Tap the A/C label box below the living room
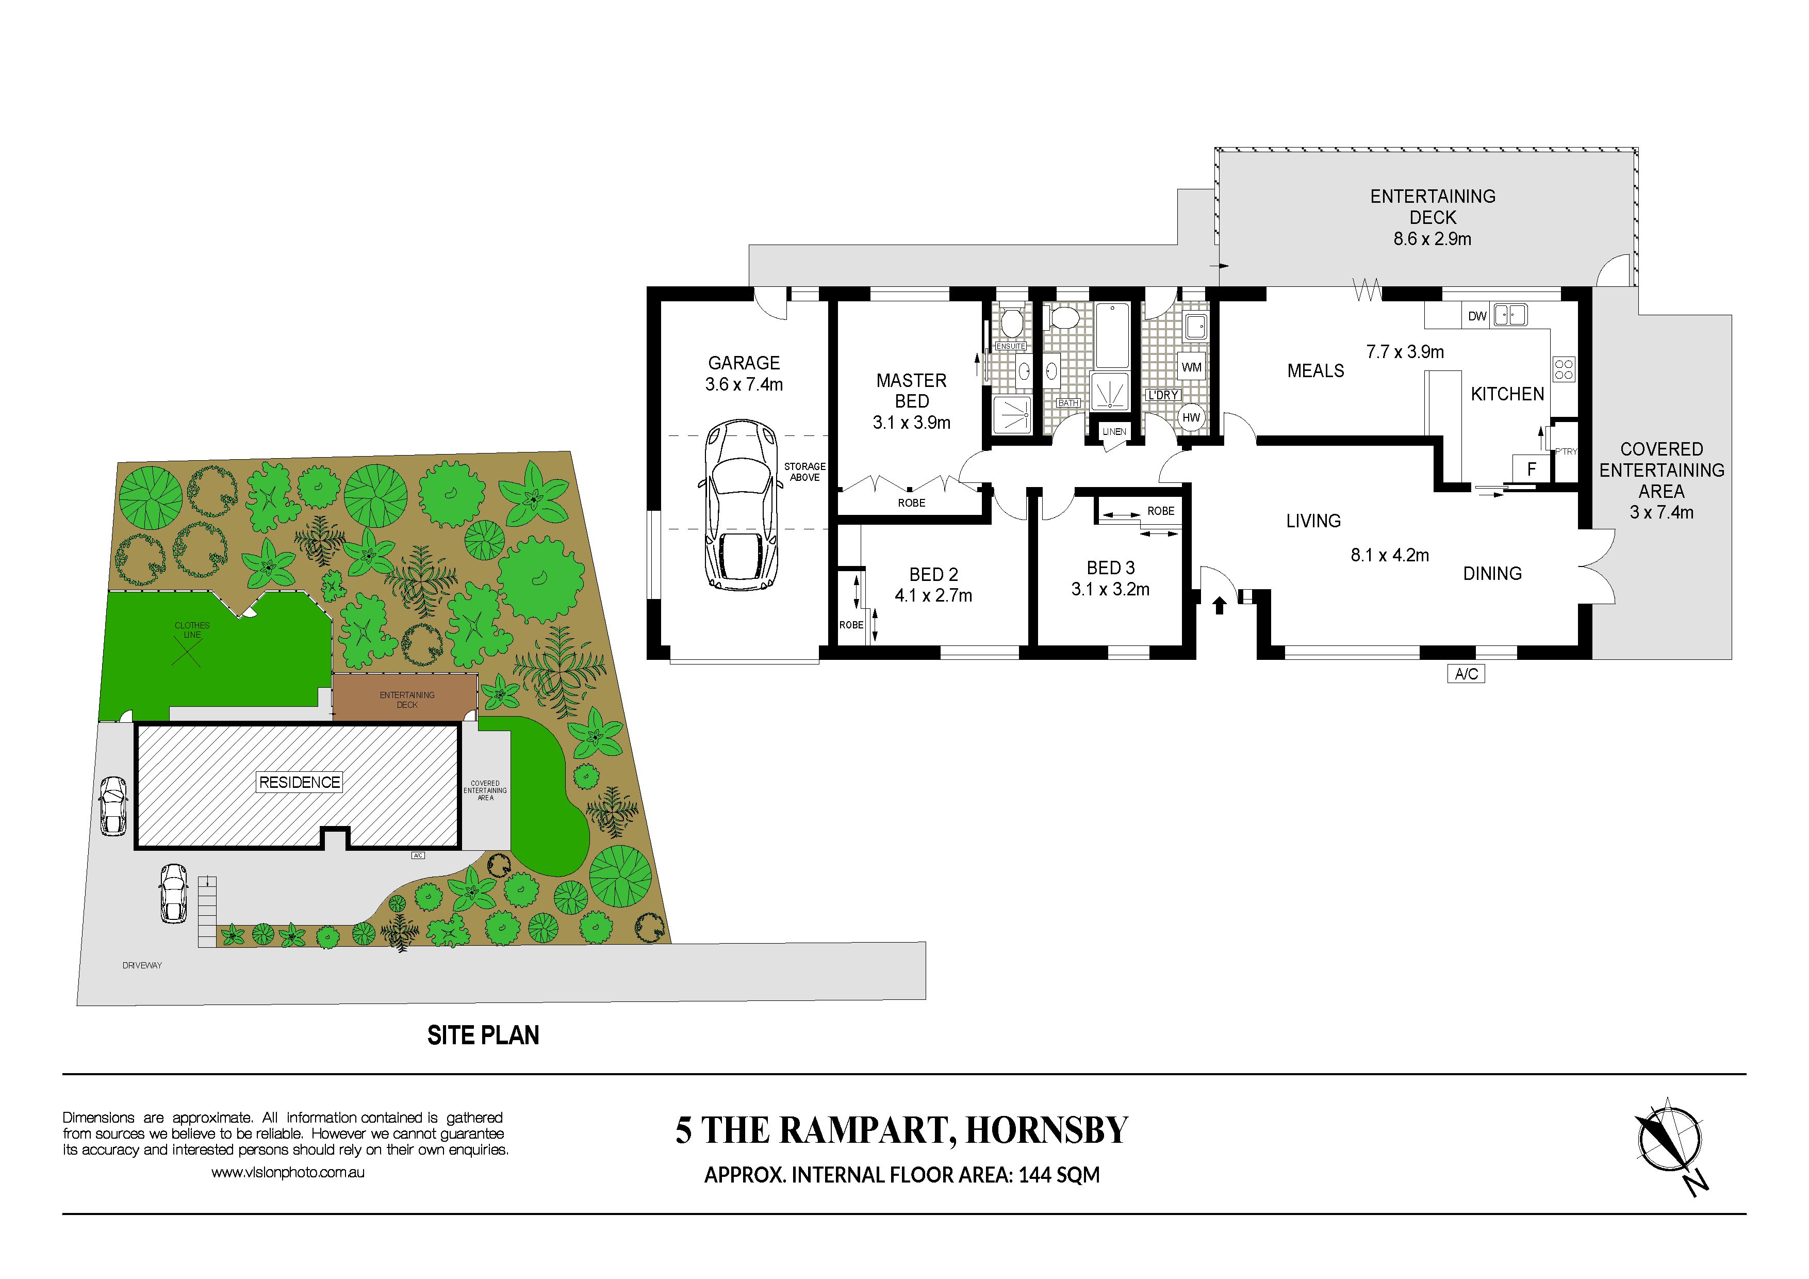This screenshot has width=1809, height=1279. pyautogui.click(x=1466, y=674)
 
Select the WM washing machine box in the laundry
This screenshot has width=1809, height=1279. pyautogui.click(x=1191, y=367)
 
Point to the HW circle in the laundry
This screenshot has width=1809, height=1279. pyautogui.click(x=1191, y=418)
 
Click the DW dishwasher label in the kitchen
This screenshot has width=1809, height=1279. pyautogui.click(x=1477, y=316)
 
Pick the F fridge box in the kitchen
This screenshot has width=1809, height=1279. pyautogui.click(x=1531, y=469)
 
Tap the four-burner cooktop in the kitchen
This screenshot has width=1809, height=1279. pyautogui.click(x=1564, y=369)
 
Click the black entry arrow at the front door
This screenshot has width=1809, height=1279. pyautogui.click(x=1219, y=605)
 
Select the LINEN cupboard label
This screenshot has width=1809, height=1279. pyautogui.click(x=1114, y=432)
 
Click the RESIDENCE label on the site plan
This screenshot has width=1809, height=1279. pyautogui.click(x=300, y=783)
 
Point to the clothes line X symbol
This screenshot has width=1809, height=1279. pyautogui.click(x=187, y=652)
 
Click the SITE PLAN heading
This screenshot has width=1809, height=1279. pyautogui.click(x=483, y=1035)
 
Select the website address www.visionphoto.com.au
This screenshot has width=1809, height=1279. pyautogui.click(x=288, y=1173)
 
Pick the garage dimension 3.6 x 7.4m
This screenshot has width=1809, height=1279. pyautogui.click(x=744, y=384)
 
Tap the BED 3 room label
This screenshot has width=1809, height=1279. pyautogui.click(x=1110, y=568)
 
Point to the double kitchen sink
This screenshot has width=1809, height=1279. pyautogui.click(x=1510, y=315)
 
